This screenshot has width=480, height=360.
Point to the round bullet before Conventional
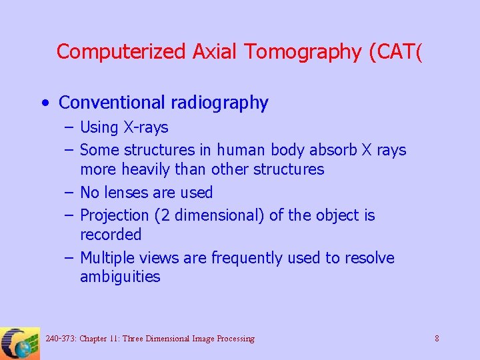(x=44, y=103)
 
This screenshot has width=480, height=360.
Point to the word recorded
(x=111, y=235)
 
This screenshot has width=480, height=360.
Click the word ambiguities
(x=120, y=277)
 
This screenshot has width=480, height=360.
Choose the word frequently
(x=249, y=258)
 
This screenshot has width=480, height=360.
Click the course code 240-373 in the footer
(x=61, y=339)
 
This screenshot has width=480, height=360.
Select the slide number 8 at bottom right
(x=437, y=339)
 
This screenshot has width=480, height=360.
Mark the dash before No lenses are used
(x=69, y=193)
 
